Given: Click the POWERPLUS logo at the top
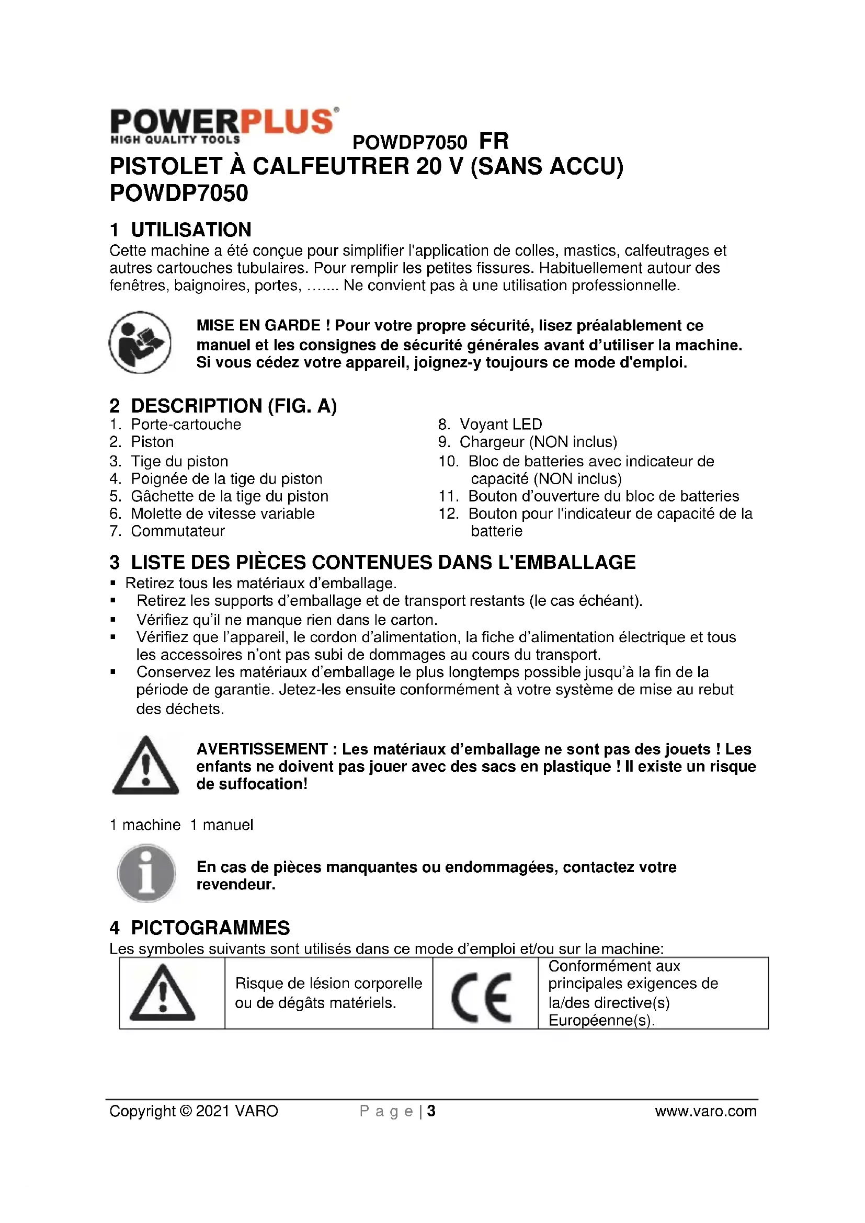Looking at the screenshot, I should pyautogui.click(x=224, y=125).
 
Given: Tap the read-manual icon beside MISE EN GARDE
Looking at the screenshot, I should pyautogui.click(x=140, y=342).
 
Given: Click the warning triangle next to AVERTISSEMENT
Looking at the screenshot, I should pyautogui.click(x=145, y=766).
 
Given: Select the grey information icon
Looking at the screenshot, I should pyautogui.click(x=146, y=874).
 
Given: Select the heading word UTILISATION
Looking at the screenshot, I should pyautogui.click(x=191, y=230).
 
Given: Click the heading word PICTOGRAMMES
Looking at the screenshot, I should pyautogui.click(x=210, y=928).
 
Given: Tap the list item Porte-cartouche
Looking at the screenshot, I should pyautogui.click(x=186, y=425).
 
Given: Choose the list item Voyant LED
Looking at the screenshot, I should pyautogui.click(x=500, y=425).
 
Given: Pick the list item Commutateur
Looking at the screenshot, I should pyautogui.click(x=178, y=531).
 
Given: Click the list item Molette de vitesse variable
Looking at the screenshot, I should pyautogui.click(x=223, y=513).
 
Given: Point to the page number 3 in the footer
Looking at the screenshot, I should pyautogui.click(x=431, y=1111).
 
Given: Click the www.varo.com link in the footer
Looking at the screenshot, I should pyautogui.click(x=705, y=1111).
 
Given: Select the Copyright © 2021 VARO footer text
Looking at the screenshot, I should pyautogui.click(x=194, y=1111).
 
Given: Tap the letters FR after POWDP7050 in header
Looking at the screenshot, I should pyautogui.click(x=494, y=142).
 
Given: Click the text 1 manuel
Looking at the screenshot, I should pyautogui.click(x=222, y=825).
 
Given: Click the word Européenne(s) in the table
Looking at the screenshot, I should pyautogui.click(x=601, y=1021).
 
